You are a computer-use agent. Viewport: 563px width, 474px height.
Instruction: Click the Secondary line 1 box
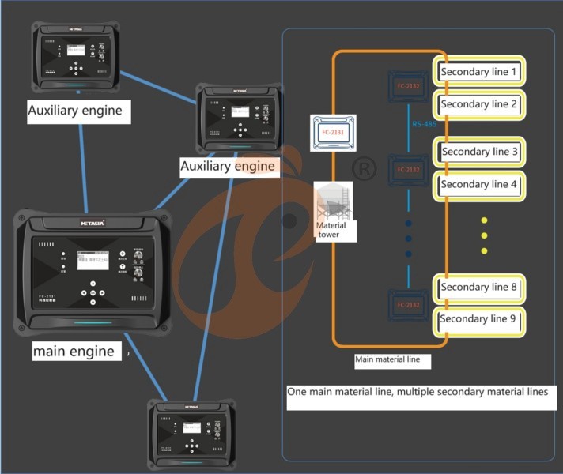[x=479, y=72]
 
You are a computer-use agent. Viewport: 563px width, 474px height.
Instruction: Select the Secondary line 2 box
[x=479, y=104]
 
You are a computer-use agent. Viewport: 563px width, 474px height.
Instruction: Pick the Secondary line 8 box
[x=480, y=288]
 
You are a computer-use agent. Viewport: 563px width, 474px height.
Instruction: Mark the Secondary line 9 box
[x=480, y=319]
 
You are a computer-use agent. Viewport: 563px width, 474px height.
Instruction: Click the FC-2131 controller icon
[x=334, y=134]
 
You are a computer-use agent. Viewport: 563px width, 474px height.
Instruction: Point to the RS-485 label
[x=424, y=124]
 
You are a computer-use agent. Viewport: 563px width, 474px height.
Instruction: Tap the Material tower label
[x=331, y=230]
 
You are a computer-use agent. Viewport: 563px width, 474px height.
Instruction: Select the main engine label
[x=74, y=351]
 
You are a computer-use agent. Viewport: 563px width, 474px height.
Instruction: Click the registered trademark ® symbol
[x=363, y=168]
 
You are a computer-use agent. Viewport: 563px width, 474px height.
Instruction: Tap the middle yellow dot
[x=485, y=235]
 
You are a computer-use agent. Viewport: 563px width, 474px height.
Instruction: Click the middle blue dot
[x=409, y=238]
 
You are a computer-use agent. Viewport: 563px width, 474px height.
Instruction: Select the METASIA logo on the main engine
[x=93, y=224]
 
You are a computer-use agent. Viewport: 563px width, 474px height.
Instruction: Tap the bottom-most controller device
[x=192, y=434]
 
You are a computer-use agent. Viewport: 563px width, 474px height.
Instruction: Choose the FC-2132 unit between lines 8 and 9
[x=408, y=304]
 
